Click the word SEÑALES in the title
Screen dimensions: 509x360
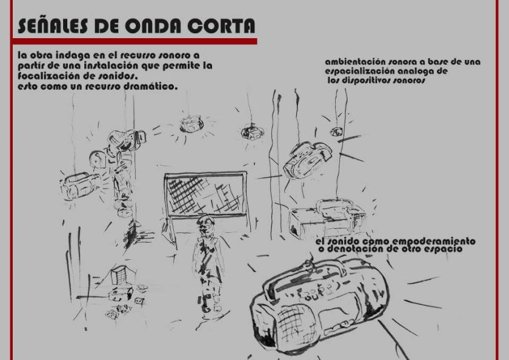53,25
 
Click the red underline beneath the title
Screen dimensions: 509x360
135,41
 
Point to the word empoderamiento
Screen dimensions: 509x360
434,241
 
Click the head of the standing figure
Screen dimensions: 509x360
205,224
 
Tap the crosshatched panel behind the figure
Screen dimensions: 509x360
206,194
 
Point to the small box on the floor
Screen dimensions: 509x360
120,275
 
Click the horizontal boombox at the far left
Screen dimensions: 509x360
80,185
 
